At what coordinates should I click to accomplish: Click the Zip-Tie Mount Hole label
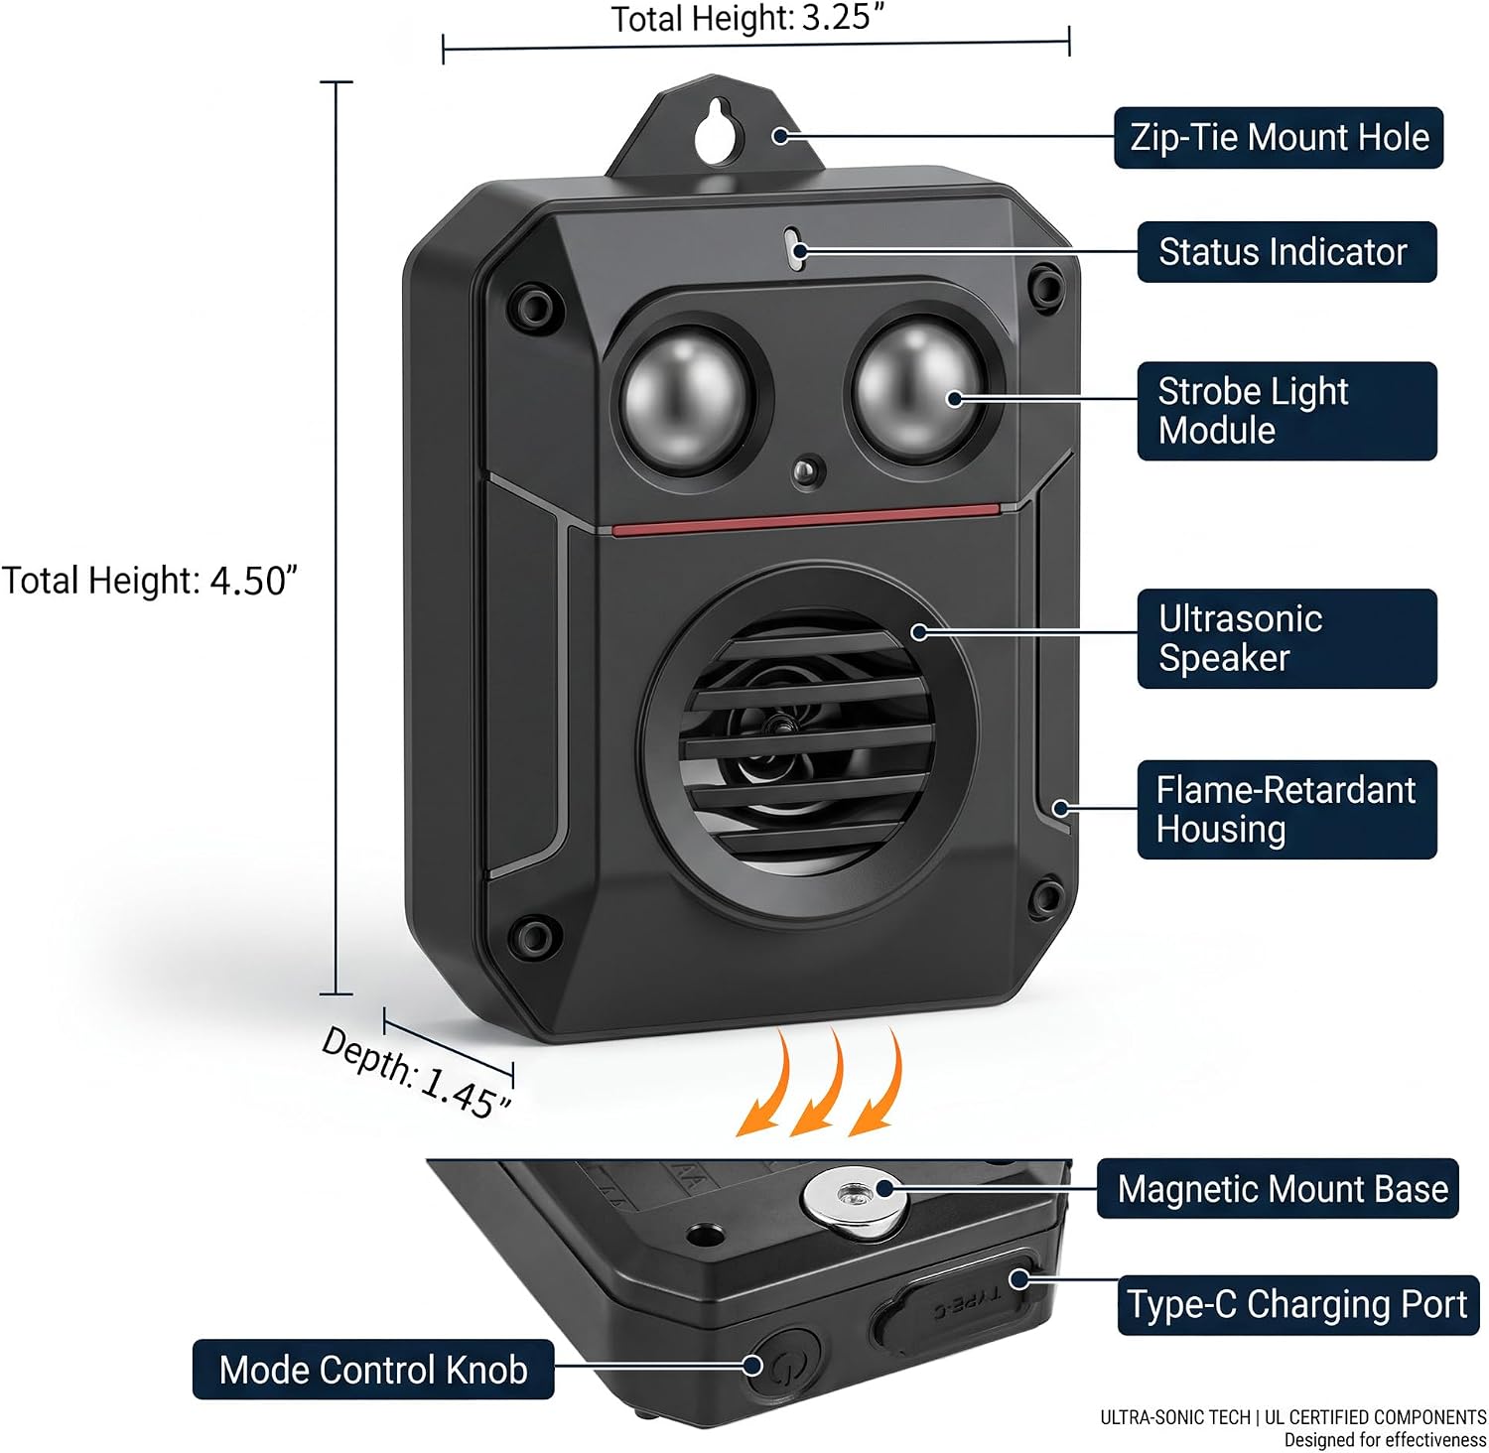pos(1279,137)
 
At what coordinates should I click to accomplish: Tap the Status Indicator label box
pos(1286,252)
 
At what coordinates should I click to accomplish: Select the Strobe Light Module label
pos(1286,411)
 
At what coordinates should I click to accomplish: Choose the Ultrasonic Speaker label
pos(1286,638)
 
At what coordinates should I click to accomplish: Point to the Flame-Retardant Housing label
pos(1286,809)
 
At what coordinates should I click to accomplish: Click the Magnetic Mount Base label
pos(1278,1188)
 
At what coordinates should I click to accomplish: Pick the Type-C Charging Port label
pos(1298,1304)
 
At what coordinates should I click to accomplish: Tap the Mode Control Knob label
pos(373,1370)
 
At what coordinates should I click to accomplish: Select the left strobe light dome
pos(683,398)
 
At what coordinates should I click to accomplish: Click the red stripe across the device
pos(806,518)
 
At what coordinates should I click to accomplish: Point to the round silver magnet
pos(855,1195)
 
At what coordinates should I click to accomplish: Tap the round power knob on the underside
pos(782,1366)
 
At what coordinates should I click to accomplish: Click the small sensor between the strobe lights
pos(809,470)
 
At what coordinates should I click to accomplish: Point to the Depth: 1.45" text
pos(417,1072)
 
